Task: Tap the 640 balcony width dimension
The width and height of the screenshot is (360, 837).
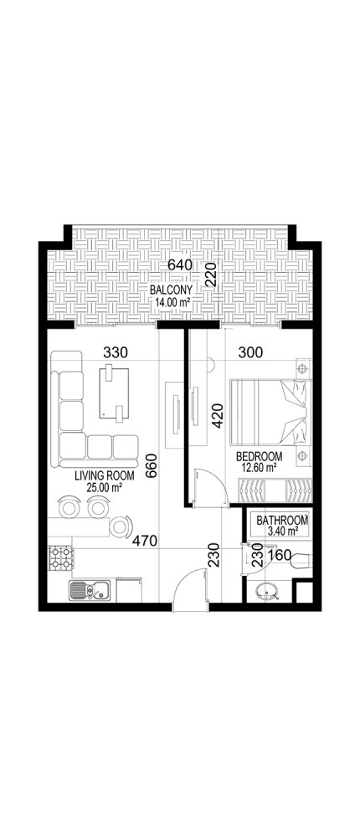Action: [x=182, y=265]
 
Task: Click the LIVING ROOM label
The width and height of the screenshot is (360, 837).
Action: [x=99, y=476]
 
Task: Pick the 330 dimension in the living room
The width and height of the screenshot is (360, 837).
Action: [x=116, y=352]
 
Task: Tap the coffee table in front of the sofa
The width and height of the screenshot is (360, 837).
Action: [x=116, y=390]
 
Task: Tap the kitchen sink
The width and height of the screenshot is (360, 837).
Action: [x=86, y=590]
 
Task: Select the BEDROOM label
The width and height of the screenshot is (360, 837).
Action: [x=259, y=456]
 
